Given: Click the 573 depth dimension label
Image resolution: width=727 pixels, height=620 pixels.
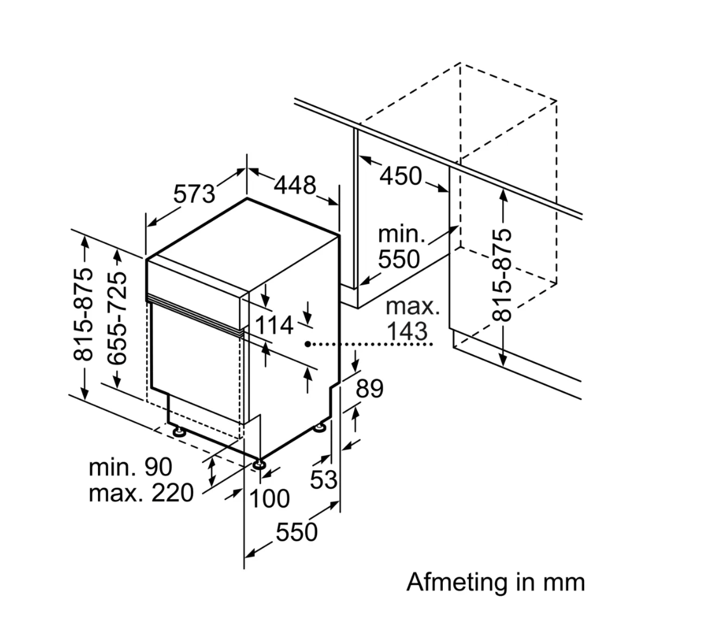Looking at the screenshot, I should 195,193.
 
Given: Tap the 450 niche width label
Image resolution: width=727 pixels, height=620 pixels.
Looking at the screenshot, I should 400,175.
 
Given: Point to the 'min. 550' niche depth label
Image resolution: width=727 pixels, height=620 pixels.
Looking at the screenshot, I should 400,246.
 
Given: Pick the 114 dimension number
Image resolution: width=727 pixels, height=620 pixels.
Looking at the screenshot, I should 275,325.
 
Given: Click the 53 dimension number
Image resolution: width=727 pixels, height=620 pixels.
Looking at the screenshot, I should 323,480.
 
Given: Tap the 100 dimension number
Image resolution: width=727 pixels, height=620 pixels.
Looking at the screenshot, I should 269,499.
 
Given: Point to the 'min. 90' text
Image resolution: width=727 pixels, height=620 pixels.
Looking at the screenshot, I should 130,468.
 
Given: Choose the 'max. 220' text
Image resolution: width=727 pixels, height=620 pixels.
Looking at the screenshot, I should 141,492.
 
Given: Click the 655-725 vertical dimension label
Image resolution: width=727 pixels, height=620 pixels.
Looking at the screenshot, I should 118,318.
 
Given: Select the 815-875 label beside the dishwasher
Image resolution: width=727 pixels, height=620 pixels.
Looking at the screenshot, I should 83,314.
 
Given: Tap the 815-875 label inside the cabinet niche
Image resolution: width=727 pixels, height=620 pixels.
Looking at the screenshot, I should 502,274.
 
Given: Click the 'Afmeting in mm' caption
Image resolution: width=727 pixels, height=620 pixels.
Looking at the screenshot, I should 495,581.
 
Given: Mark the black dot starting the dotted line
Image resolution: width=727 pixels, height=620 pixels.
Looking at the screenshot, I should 307,344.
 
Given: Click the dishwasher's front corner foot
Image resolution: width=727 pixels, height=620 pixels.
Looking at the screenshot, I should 258,464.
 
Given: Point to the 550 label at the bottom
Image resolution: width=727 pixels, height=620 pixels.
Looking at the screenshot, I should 296,532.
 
